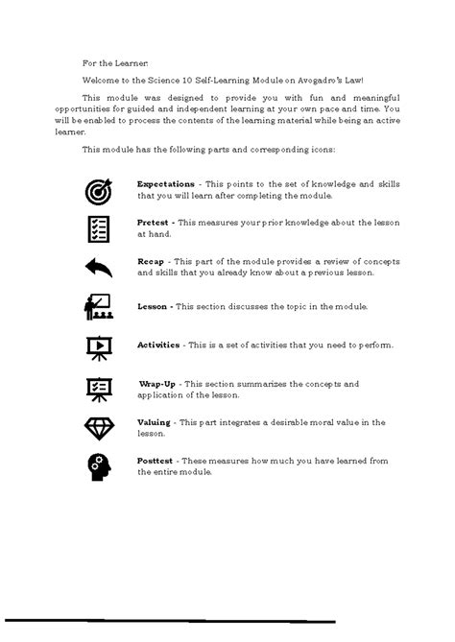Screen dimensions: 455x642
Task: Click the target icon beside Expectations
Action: pos(98,189)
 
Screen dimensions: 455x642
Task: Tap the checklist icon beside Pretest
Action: pos(98,228)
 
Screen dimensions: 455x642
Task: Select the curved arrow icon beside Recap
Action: pos(98,267)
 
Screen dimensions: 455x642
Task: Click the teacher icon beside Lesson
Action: pos(98,307)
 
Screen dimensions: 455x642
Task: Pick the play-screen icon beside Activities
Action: pos(98,346)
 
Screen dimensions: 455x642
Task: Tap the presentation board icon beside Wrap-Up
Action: pos(98,388)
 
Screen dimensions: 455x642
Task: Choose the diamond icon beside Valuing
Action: pos(98,427)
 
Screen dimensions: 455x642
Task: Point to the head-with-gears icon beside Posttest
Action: pos(98,466)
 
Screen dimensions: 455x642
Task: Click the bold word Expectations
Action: pos(166,183)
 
